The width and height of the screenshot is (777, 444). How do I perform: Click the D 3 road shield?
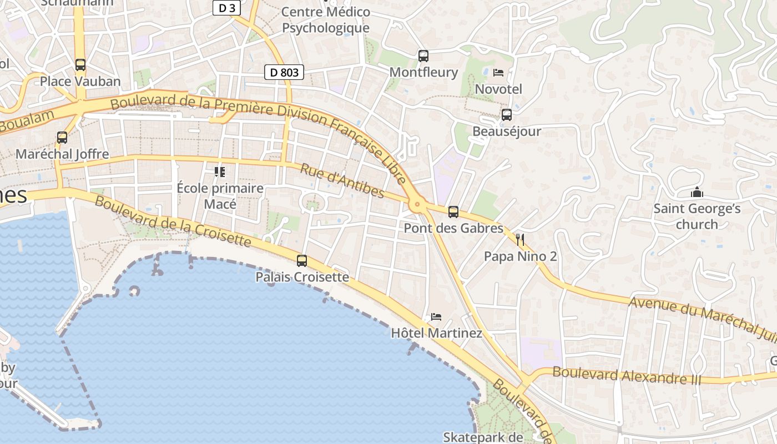tap(227, 8)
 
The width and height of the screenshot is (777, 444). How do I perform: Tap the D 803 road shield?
tap(284, 72)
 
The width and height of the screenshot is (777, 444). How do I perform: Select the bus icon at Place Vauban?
tap(80, 65)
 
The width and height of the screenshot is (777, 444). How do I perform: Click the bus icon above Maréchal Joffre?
tap(62, 137)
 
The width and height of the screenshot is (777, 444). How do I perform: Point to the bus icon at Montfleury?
tap(423, 56)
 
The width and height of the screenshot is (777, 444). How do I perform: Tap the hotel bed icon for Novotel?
tap(498, 73)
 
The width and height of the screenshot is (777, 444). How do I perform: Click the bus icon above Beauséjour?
tap(507, 115)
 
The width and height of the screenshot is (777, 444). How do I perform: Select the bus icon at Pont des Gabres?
tap(453, 211)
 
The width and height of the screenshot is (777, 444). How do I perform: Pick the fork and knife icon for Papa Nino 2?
tap(520, 240)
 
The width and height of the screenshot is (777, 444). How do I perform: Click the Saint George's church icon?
tap(697, 193)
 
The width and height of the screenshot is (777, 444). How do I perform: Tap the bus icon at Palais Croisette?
tap(302, 260)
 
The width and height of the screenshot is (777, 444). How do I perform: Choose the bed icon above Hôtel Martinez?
tap(436, 317)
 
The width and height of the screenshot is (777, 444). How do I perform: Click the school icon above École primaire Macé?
tap(220, 172)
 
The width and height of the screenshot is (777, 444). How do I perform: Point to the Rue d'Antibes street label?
tap(342, 180)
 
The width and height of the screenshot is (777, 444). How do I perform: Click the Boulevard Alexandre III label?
tap(627, 376)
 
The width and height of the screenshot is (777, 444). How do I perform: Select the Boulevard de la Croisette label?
tap(173, 220)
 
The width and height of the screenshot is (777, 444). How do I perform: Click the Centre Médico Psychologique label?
tap(326, 20)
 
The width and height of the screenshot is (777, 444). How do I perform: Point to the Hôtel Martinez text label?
tap(437, 333)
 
